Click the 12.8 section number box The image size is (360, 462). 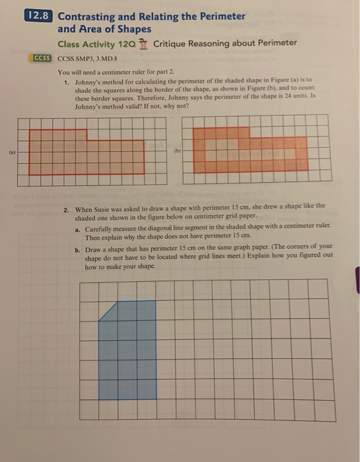coord(40,16)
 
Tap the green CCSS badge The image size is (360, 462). coord(42,58)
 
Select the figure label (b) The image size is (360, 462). coord(176,150)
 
